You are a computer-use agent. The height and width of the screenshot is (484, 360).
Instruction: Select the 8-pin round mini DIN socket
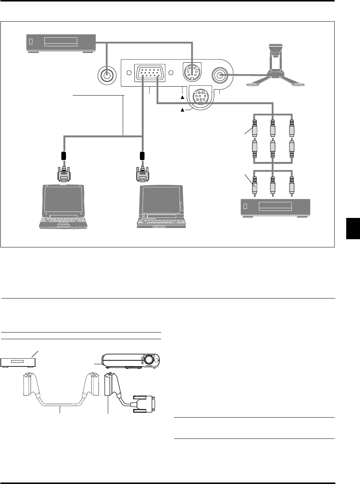click(x=200, y=97)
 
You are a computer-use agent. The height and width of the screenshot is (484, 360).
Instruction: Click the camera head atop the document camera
click(x=276, y=49)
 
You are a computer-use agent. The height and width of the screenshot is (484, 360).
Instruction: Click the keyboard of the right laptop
click(x=161, y=222)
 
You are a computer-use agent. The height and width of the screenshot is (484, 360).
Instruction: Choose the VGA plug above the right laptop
click(x=142, y=173)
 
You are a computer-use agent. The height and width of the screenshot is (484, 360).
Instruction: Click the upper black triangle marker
click(x=183, y=97)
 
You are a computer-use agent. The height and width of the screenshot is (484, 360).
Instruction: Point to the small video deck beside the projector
click(x=18, y=362)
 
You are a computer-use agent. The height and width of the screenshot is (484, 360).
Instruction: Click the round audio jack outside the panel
click(x=107, y=74)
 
